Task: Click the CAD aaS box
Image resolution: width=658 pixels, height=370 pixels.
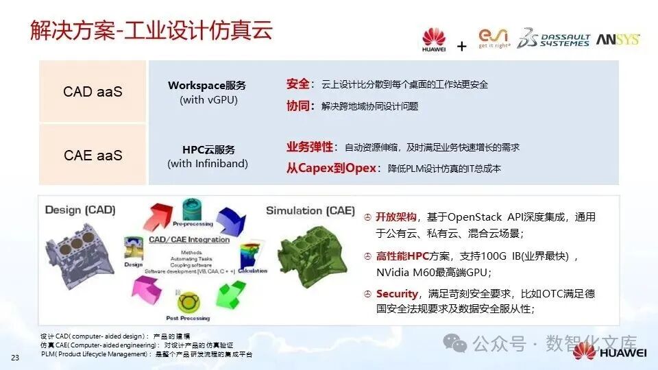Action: (x=93, y=91)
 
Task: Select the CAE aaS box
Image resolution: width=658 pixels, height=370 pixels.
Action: (x=93, y=156)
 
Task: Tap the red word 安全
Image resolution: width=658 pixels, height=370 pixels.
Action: (x=297, y=84)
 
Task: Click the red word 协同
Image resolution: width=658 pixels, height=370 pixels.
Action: (x=297, y=106)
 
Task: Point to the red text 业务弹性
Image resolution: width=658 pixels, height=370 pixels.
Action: (x=309, y=147)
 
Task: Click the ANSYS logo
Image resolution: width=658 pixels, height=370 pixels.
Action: (x=618, y=40)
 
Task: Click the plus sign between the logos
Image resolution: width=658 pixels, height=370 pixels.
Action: (x=461, y=46)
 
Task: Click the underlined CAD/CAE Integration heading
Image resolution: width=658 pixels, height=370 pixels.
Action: (x=189, y=239)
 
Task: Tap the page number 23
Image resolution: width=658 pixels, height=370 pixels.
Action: (x=14, y=358)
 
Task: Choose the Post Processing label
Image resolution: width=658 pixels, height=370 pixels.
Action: (x=187, y=318)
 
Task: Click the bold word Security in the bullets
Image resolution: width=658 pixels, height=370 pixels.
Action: (x=397, y=294)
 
